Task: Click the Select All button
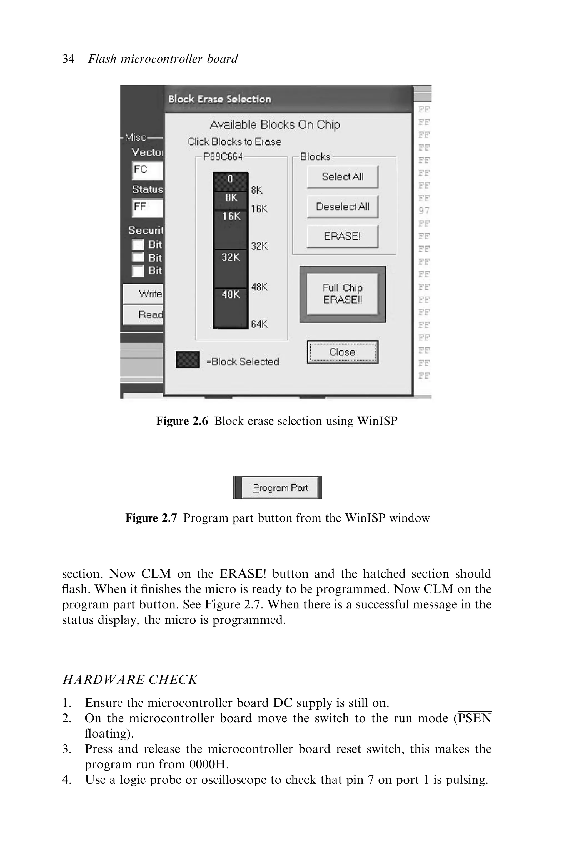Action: point(342,177)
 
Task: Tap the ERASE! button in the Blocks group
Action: point(342,237)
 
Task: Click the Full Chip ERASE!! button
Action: point(342,294)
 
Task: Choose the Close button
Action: point(342,352)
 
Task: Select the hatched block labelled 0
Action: point(230,181)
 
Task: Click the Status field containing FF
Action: point(147,208)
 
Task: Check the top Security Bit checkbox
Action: point(138,245)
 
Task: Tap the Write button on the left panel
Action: point(144,294)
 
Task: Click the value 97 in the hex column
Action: point(424,211)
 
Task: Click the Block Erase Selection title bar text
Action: point(219,99)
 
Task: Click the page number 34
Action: point(68,59)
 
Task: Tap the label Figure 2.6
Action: point(182,421)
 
